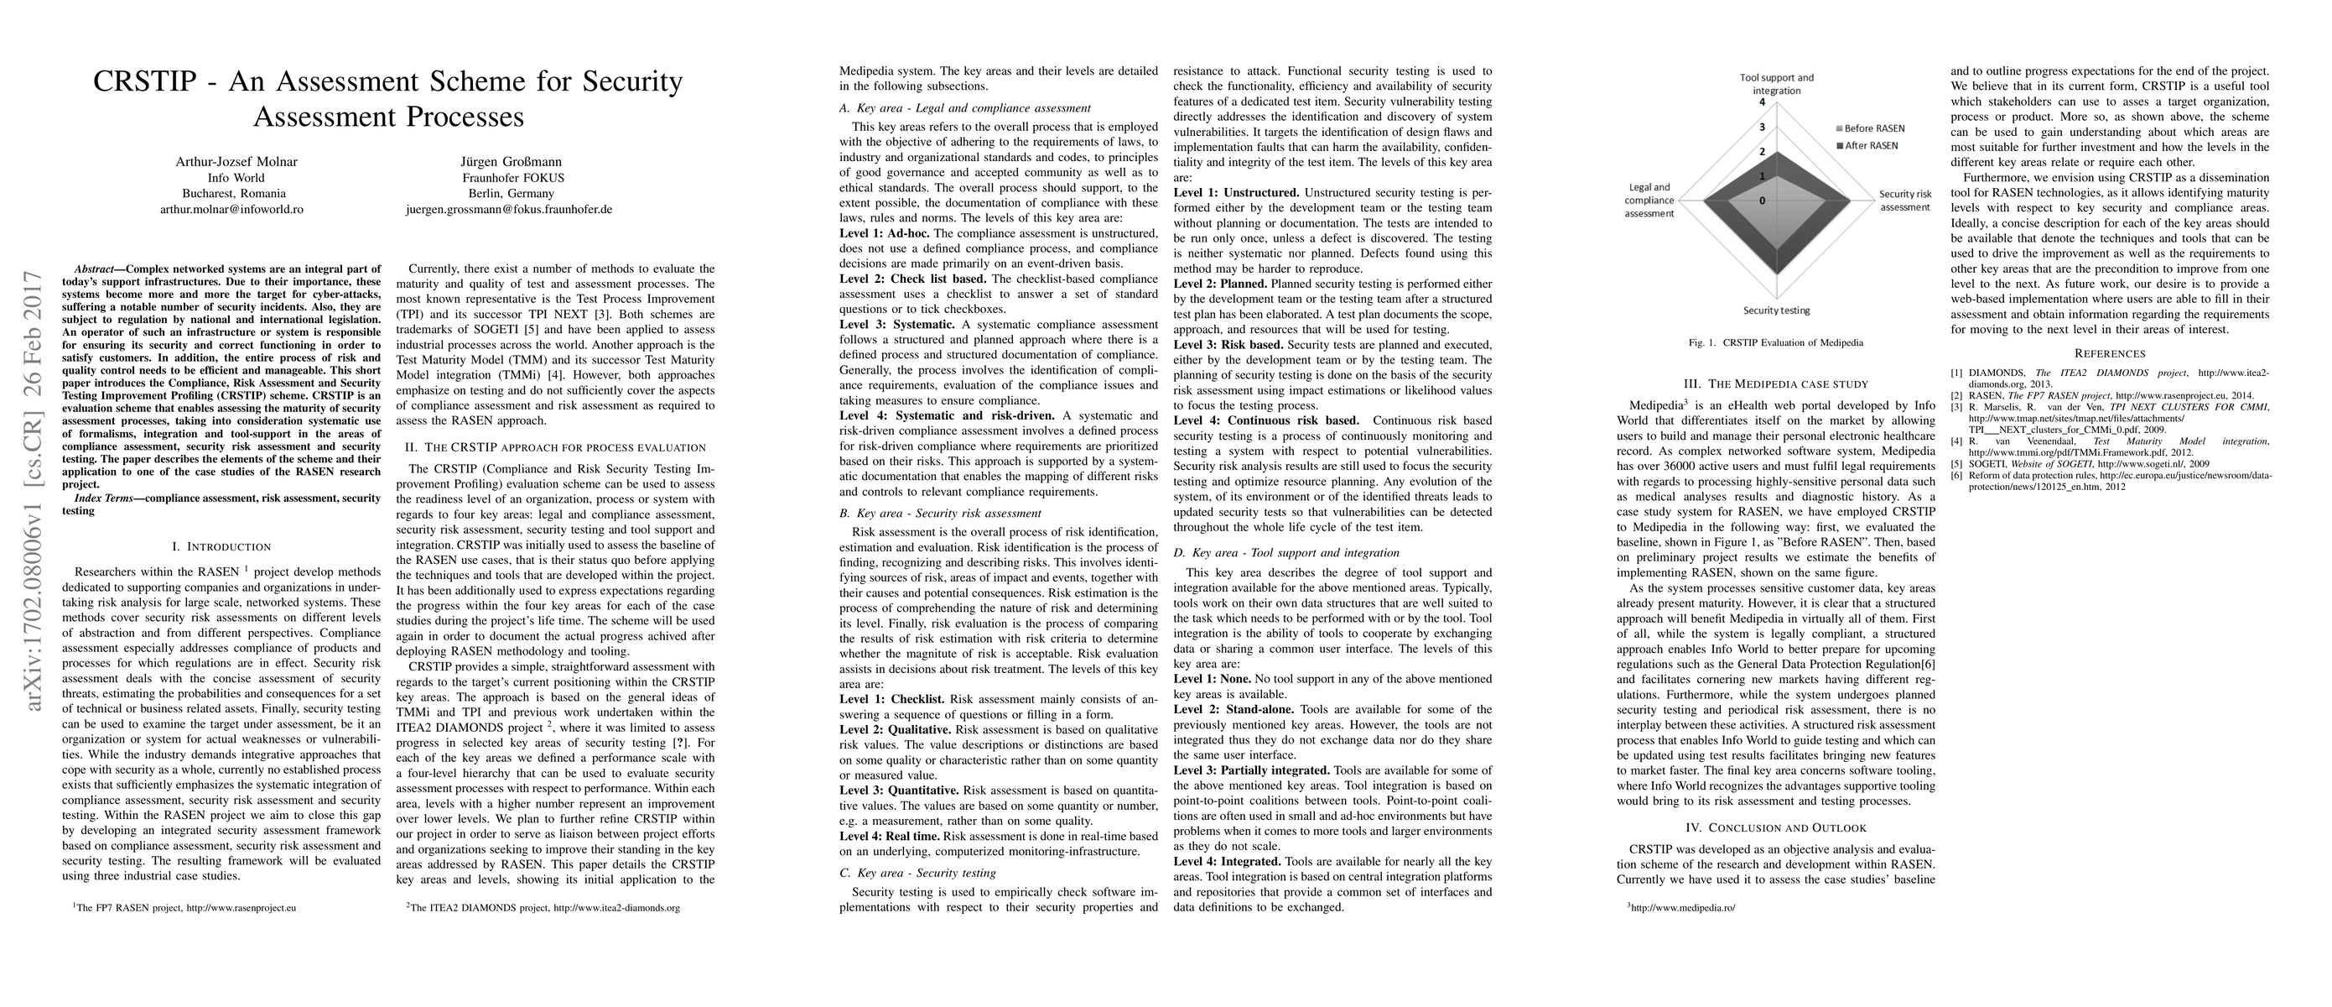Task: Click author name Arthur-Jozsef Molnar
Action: (x=236, y=162)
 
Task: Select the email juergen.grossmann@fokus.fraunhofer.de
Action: (x=509, y=209)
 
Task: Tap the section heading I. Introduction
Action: (x=221, y=547)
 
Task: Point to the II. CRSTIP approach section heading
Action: (x=555, y=447)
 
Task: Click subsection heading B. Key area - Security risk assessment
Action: (x=940, y=514)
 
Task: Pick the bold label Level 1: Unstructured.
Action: (x=1236, y=193)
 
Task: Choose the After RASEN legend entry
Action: (x=1867, y=146)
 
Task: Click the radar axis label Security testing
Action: (x=1776, y=310)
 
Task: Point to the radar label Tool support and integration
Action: (x=1776, y=84)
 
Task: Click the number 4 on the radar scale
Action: (x=1762, y=102)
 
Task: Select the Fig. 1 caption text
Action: (x=1775, y=343)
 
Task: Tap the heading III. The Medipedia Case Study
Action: (x=1775, y=384)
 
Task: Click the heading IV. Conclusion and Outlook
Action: (x=1775, y=827)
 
